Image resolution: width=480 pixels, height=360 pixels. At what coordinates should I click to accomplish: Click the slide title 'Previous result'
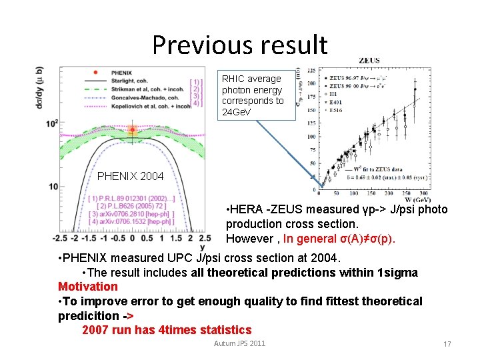pyautogui.click(x=240, y=45)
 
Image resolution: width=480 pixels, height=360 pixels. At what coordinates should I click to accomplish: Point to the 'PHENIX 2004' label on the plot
pyautogui.click(x=130, y=177)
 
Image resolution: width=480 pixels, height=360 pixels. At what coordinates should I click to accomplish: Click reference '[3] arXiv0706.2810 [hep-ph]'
pyautogui.click(x=131, y=214)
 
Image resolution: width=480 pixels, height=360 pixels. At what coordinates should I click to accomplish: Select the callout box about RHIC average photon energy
pyautogui.click(x=257, y=95)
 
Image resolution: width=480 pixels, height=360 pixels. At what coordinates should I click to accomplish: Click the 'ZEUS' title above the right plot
pyautogui.click(x=369, y=60)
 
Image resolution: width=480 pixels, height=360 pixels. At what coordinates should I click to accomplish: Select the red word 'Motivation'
pyautogui.click(x=88, y=287)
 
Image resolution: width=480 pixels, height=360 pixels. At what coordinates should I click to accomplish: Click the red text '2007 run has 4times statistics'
pyautogui.click(x=167, y=330)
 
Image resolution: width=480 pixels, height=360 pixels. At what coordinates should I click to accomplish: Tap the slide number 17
pyautogui.click(x=447, y=344)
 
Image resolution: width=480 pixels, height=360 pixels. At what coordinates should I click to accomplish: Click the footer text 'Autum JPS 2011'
pyautogui.click(x=239, y=343)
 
